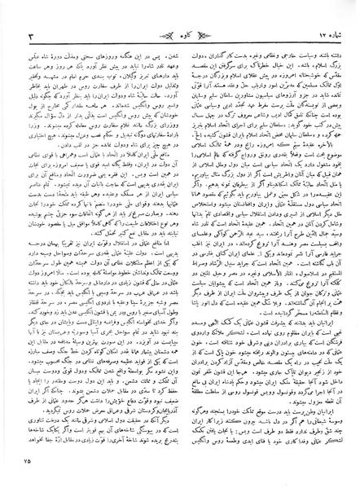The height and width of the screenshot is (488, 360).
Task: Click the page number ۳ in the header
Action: click(x=31, y=15)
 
